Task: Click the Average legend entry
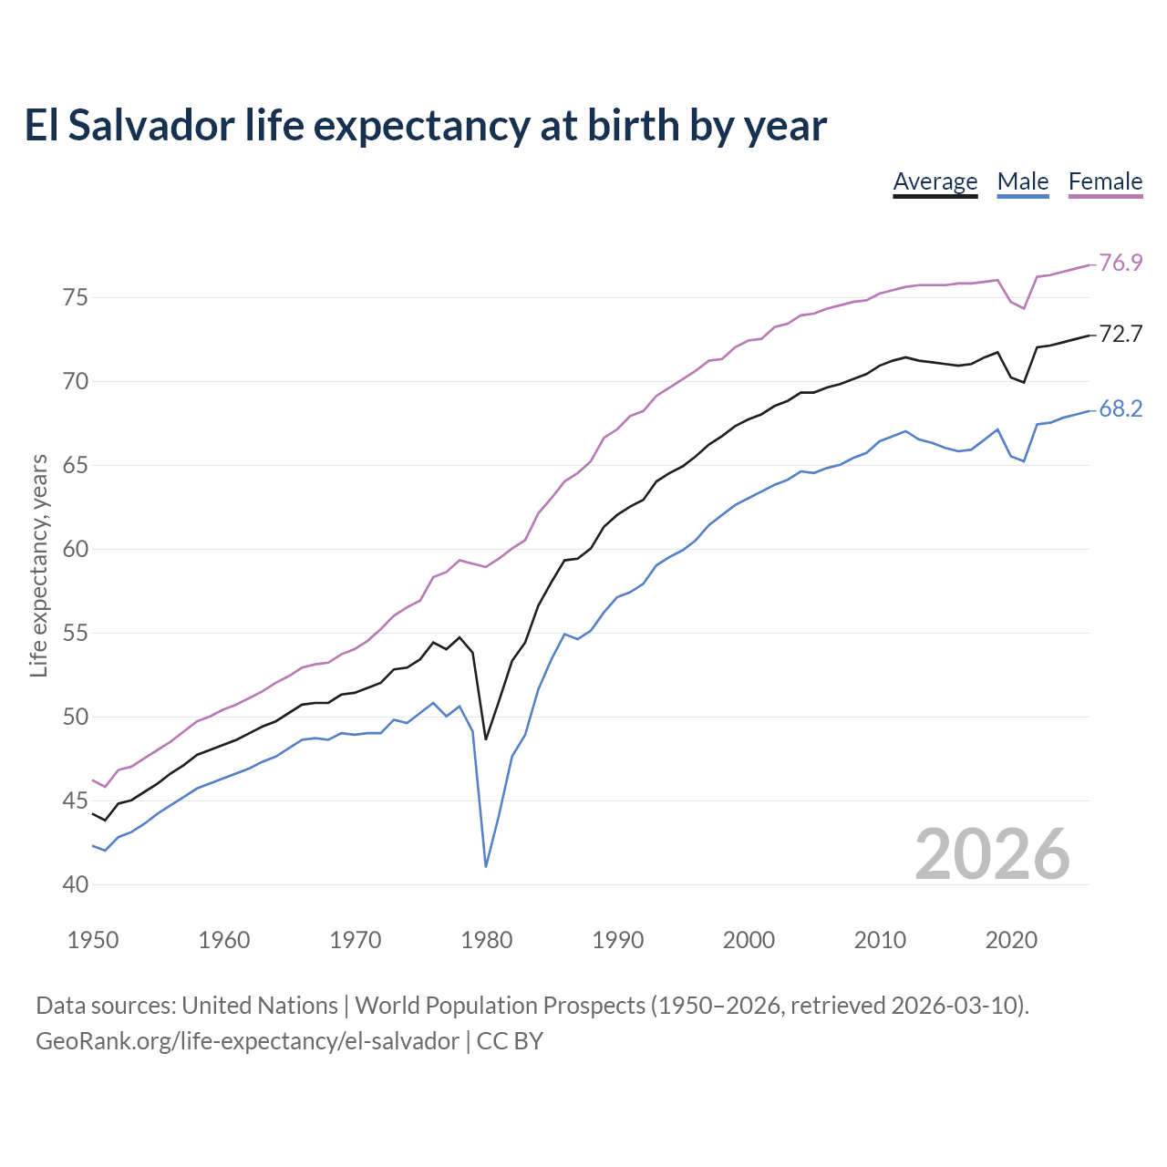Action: [x=935, y=181]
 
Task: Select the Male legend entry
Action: [x=1023, y=181]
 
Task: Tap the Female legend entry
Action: [x=1105, y=181]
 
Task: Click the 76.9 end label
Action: [x=1121, y=263]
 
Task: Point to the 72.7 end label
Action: [x=1121, y=335]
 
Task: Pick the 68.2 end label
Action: [x=1121, y=409]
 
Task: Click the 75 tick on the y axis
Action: [x=76, y=298]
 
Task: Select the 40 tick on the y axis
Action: [x=76, y=885]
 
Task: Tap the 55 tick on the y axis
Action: [x=76, y=634]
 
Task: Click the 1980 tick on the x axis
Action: [x=486, y=940]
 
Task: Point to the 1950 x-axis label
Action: [x=93, y=940]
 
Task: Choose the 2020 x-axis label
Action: [x=1011, y=940]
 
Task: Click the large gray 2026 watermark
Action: [x=992, y=854]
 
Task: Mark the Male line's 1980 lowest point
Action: [x=486, y=866]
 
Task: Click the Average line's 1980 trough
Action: [x=486, y=738]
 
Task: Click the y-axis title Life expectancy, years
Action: [x=39, y=566]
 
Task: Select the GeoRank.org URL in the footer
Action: [x=247, y=1041]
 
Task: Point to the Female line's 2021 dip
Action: [x=1024, y=308]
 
